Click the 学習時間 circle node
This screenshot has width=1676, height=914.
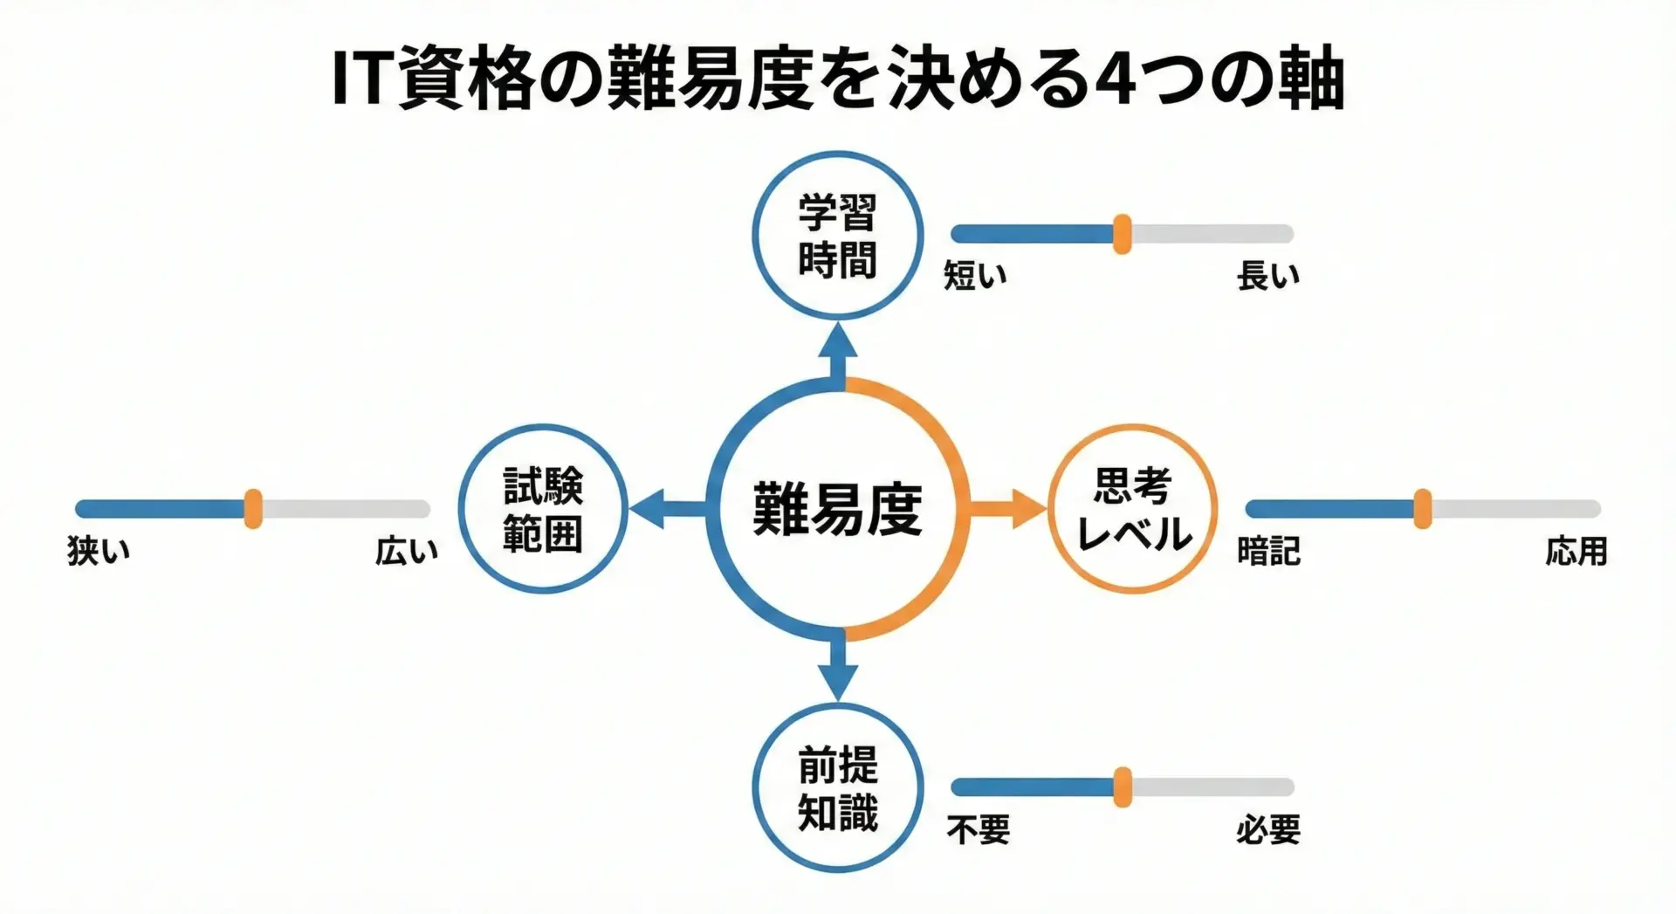(x=837, y=236)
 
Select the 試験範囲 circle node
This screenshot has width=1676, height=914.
(x=543, y=509)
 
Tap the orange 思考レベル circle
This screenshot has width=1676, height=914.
(x=1132, y=509)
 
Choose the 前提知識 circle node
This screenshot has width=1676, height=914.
(x=837, y=787)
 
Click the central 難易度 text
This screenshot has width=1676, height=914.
(x=837, y=510)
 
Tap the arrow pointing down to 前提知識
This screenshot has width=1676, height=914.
(x=838, y=669)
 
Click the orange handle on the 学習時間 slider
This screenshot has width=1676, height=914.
(x=1123, y=234)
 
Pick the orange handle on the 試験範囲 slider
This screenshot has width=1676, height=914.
(x=253, y=509)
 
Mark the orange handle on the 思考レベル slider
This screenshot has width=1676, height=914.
(x=1422, y=509)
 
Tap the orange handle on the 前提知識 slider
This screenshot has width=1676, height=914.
(x=1123, y=787)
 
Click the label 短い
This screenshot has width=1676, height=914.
(x=975, y=276)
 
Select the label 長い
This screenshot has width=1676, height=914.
(x=1267, y=276)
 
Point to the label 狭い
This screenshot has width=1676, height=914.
(x=99, y=551)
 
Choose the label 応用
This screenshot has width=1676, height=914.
(x=1576, y=551)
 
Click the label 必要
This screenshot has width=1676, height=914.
(x=1267, y=829)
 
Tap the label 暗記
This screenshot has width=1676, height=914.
(x=1268, y=551)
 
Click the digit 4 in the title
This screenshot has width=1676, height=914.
(x=1119, y=80)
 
